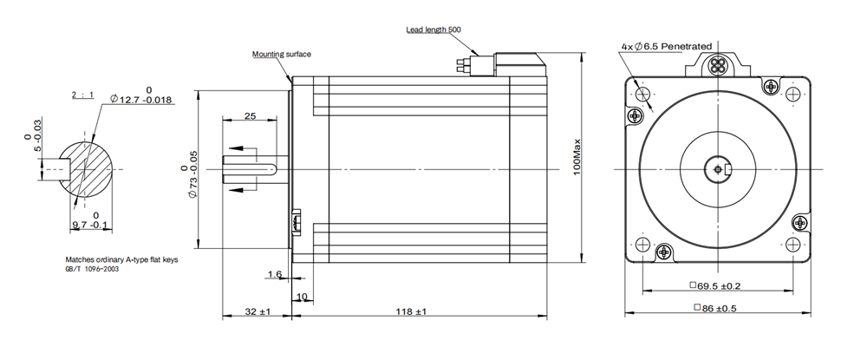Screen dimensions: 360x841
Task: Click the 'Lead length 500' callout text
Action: point(434,29)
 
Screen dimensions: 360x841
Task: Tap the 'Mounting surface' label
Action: point(281,54)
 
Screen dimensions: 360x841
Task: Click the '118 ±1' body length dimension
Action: point(411,311)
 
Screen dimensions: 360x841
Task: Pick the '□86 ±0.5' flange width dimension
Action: point(720,308)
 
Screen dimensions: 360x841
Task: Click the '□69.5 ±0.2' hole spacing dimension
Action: point(720,284)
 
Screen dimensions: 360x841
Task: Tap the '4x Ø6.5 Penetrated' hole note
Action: point(666,46)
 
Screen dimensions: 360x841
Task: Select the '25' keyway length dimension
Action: point(250,115)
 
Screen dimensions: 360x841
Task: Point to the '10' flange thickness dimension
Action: point(303,297)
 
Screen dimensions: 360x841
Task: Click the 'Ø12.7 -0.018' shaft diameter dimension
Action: point(143,101)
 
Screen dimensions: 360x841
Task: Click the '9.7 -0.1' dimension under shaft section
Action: point(90,225)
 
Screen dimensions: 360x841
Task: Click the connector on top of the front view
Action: point(720,64)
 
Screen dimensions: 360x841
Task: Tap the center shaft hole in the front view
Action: point(720,168)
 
